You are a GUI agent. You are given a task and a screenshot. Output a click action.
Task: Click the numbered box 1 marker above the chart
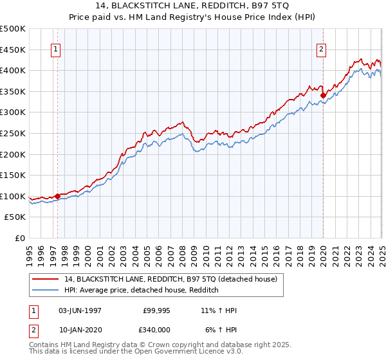coord(55,49)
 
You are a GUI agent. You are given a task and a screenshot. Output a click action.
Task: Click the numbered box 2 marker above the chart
coord(321,49)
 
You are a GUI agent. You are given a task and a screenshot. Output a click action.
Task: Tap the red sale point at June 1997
coord(57,196)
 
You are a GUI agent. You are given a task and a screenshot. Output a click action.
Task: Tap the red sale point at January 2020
coord(323,95)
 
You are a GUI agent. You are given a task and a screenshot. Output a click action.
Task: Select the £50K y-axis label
coord(15,217)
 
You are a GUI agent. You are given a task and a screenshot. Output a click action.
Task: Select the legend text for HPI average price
coord(142,290)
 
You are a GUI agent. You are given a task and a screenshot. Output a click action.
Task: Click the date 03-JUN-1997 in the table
coord(80,310)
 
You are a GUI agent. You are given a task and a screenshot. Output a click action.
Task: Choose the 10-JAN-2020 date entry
coord(80,330)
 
